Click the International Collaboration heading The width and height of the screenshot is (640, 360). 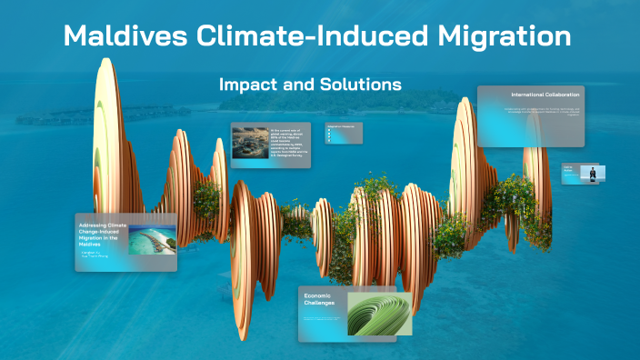tap(545, 95)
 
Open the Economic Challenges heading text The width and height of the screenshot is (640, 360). tap(320, 299)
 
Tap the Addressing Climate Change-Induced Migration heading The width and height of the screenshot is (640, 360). tap(103, 232)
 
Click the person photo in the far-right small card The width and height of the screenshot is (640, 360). tap(595, 172)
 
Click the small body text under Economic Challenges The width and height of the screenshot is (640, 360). tap(323, 320)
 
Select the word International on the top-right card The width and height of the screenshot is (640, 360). tap(526, 95)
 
